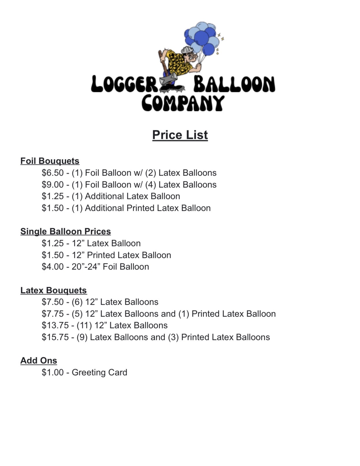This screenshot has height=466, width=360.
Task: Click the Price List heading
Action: [180, 135]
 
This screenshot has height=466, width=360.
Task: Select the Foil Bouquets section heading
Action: [50, 161]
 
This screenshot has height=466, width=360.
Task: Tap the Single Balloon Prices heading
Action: [66, 231]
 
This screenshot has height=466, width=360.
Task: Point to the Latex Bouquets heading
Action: [53, 290]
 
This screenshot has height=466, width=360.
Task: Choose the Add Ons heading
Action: [39, 361]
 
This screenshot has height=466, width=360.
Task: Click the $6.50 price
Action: [53, 173]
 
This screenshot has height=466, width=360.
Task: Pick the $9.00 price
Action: [53, 185]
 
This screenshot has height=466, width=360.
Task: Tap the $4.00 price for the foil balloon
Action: [53, 267]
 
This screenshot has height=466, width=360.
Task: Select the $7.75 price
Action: [53, 314]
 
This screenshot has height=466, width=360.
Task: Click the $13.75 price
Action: [55, 325]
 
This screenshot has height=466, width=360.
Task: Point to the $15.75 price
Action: [55, 337]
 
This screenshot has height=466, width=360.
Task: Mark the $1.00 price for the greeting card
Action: [53, 372]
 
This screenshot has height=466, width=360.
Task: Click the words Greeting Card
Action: [99, 372]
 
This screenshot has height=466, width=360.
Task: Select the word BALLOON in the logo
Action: [234, 84]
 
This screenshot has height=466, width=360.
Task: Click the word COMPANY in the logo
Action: [183, 103]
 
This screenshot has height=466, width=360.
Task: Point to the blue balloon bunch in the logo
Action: [202, 38]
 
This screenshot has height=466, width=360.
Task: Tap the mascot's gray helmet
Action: [187, 50]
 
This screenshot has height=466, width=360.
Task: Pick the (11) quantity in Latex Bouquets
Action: [84, 325]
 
